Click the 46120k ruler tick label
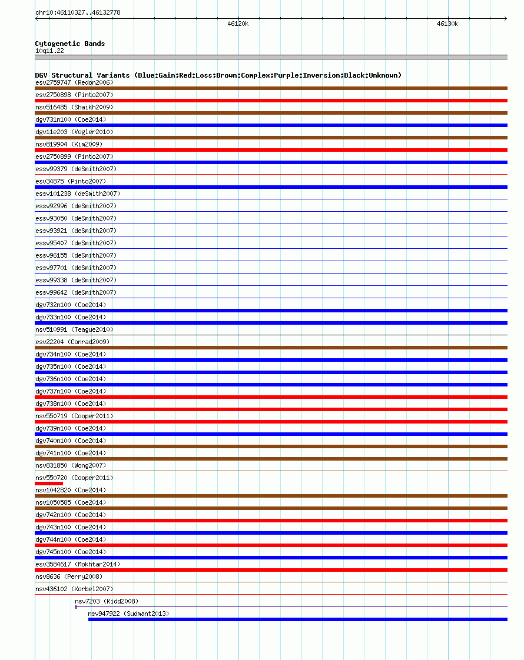coord(238,24)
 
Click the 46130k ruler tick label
coord(447,24)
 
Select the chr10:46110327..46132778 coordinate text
coord(78,12)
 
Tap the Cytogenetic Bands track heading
coord(70,44)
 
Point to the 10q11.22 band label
coord(49,51)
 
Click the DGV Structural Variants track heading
coord(218,75)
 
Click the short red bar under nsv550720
coord(49,484)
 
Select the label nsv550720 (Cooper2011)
coord(74,478)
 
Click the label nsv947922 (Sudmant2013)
coord(128,614)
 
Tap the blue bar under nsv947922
coord(297,619)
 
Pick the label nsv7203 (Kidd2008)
coord(107,601)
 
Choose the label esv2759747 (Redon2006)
coord(74,82)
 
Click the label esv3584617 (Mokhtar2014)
coord(78,564)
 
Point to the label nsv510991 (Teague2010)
coord(74,329)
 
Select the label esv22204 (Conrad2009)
coord(72,342)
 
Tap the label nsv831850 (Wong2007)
coord(71,465)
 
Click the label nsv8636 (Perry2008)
coord(69,576)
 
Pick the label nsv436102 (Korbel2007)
coord(74,589)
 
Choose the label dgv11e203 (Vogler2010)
coord(74,132)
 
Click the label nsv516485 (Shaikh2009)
coord(74,107)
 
